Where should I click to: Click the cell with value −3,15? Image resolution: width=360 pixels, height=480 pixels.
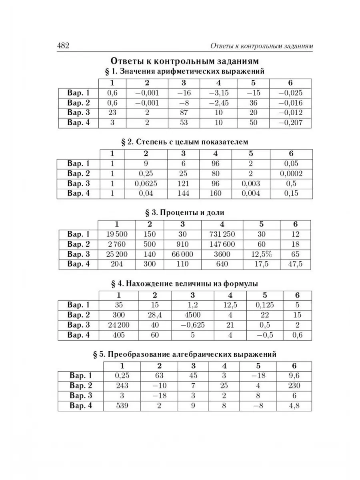[218, 93]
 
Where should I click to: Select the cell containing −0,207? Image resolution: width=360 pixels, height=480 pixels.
[290, 123]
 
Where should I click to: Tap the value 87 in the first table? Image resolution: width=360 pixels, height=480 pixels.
[184, 113]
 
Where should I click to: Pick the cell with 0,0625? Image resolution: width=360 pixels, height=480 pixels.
[146, 184]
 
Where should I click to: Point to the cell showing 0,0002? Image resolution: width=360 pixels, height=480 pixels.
[291, 174]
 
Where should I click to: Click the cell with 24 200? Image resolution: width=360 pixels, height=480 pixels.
[119, 325]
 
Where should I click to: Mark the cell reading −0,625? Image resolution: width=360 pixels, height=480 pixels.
[192, 325]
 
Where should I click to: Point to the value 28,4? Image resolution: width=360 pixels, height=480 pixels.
[153, 315]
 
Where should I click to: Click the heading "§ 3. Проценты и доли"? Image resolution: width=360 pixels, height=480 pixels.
[184, 212]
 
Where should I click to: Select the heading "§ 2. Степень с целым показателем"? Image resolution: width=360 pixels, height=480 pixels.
[184, 142]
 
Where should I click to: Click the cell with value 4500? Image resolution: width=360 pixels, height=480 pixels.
[192, 315]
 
